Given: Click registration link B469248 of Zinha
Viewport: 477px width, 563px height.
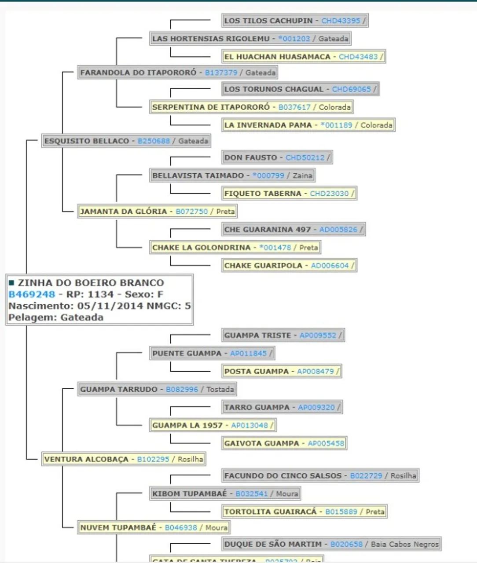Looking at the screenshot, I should point(32,294).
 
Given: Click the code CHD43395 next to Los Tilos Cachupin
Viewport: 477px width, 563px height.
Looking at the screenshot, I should point(341,21).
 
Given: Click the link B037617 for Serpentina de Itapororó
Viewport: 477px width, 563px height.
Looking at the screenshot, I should point(294,107).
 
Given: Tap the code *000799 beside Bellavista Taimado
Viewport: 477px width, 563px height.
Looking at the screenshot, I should point(268,175).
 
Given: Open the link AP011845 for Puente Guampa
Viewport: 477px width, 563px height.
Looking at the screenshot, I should point(248,353).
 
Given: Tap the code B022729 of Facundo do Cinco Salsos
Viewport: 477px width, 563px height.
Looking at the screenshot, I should point(366,475).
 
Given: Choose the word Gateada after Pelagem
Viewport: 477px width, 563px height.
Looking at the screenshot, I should point(82,317).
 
